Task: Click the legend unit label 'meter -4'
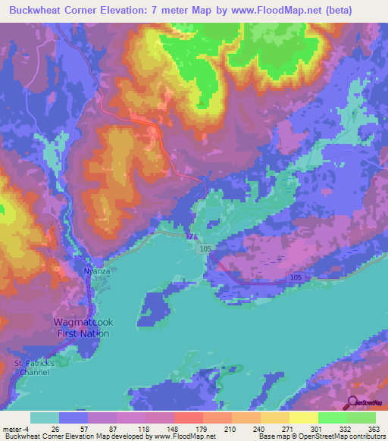coord(16,428)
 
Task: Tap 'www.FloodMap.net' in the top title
coord(285,11)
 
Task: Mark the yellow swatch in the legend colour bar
coord(304,418)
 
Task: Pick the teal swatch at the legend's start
coord(45,418)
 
